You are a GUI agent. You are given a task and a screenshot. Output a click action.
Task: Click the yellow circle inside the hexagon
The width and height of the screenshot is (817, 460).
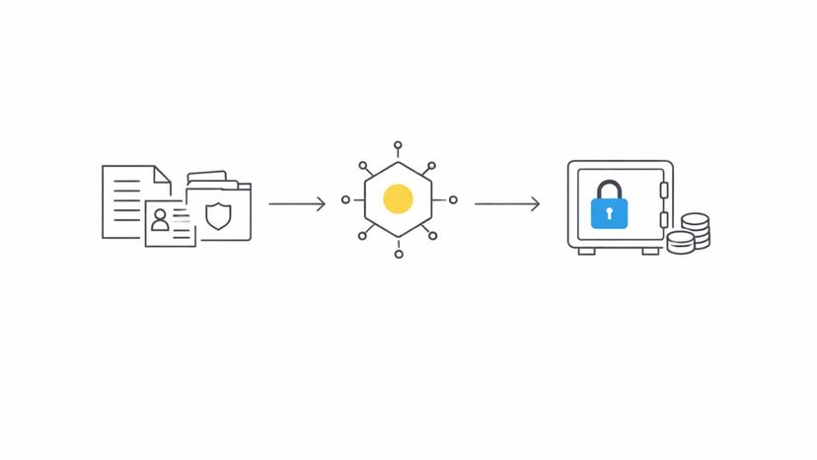(398, 199)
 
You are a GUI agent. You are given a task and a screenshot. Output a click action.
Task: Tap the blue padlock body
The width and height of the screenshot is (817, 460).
(609, 213)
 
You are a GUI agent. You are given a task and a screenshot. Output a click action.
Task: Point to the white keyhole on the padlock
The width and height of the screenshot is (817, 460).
(609, 212)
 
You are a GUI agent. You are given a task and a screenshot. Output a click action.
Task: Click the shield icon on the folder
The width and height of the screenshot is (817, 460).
(218, 216)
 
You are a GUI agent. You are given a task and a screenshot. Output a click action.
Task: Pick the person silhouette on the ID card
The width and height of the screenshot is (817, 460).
(160, 219)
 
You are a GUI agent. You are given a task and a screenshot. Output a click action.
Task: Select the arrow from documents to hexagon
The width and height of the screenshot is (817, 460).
(297, 204)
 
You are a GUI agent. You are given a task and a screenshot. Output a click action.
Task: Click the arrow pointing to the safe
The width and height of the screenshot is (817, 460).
(507, 204)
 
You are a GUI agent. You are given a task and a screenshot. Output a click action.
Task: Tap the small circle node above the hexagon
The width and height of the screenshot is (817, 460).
(398, 145)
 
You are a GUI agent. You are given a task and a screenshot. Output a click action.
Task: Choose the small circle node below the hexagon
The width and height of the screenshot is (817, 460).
(399, 255)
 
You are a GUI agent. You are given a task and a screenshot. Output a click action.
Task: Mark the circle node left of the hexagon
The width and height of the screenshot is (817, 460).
(345, 199)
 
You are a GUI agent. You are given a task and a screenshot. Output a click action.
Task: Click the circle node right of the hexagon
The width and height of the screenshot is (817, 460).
(453, 199)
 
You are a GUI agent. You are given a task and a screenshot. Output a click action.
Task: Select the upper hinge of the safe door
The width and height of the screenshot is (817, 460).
(664, 190)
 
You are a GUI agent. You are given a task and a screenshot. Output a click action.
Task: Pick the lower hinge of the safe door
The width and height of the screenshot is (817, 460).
(664, 220)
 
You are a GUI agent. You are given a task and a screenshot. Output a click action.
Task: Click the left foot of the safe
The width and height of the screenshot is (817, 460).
(586, 251)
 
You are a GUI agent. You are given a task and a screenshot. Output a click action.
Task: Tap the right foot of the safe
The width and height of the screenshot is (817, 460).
(650, 251)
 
